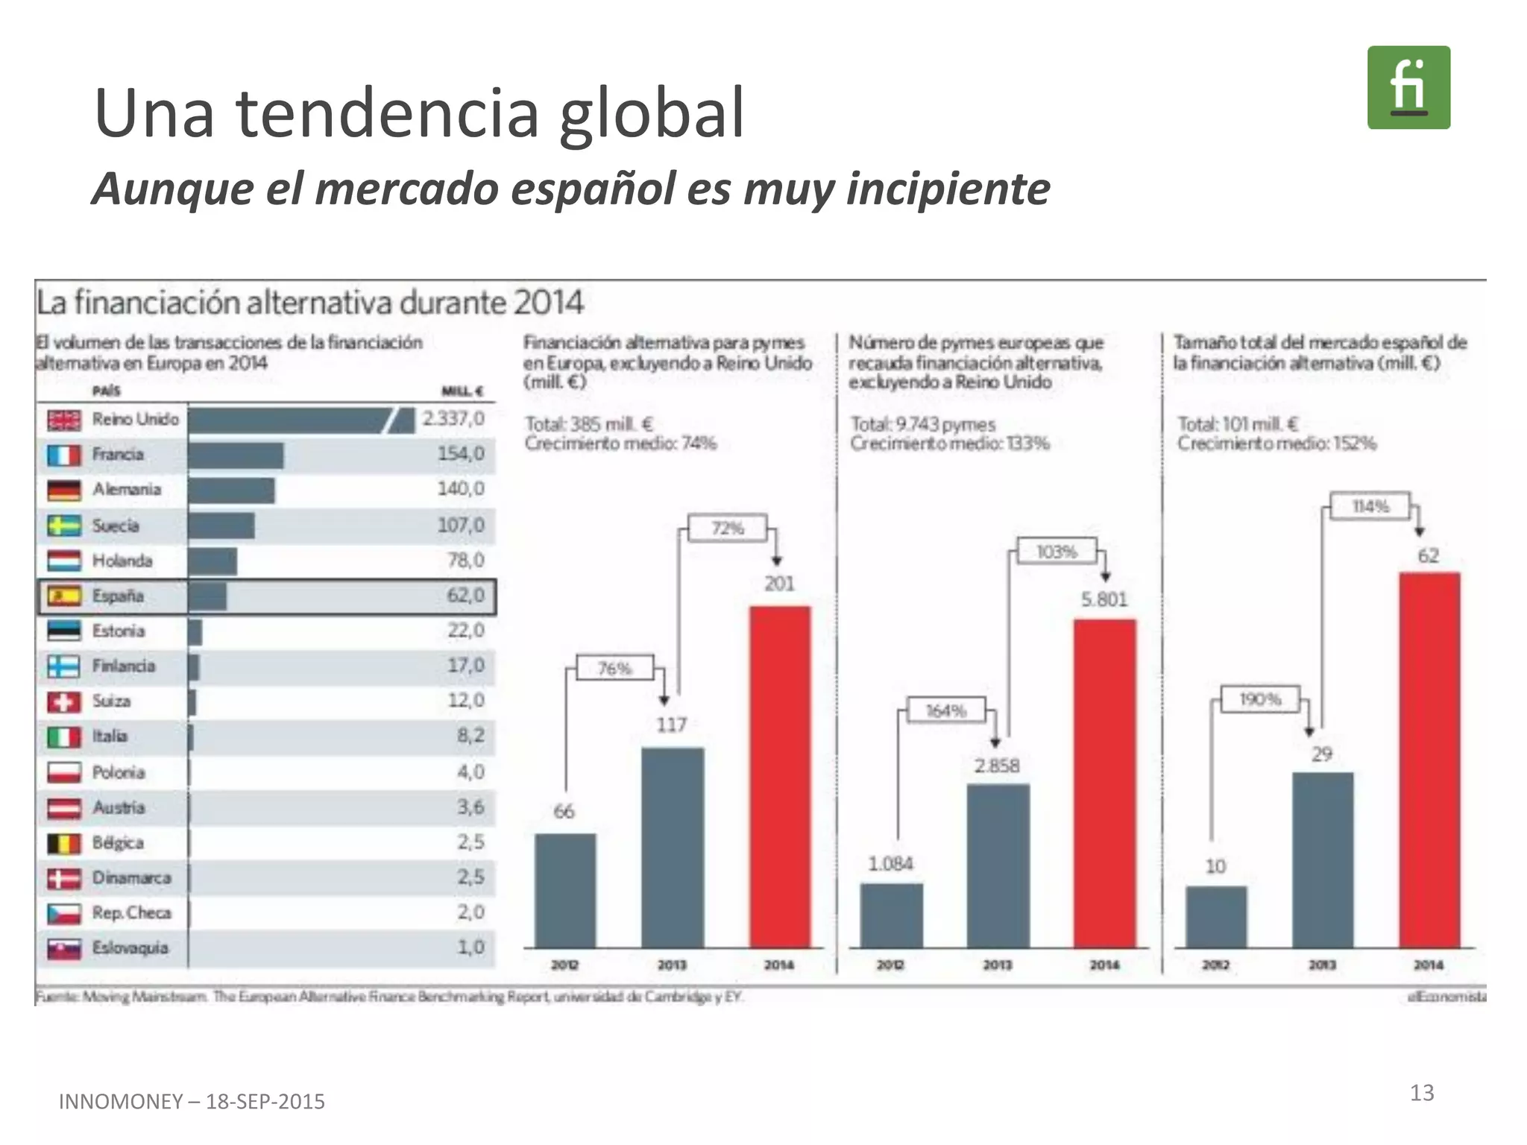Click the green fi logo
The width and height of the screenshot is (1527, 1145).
1408,87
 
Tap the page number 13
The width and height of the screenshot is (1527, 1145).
1421,1093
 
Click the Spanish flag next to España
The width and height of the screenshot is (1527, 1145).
64,596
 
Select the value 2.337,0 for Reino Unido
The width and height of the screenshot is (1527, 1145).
453,418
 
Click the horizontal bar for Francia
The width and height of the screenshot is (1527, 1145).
236,455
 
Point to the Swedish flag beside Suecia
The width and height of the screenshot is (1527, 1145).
64,526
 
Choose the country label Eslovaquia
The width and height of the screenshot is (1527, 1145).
130,947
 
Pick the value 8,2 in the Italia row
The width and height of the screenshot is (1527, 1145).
470,736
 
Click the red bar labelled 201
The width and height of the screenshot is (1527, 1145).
779,775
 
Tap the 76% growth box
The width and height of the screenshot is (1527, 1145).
615,669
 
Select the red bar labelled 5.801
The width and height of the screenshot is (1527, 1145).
1104,783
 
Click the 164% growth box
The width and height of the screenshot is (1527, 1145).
945,710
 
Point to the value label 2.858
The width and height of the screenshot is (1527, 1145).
997,766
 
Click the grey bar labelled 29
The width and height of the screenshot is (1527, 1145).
1322,859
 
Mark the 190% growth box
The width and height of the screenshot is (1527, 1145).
1259,699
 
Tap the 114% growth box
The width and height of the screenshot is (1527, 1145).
1370,507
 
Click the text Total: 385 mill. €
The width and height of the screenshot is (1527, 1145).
588,424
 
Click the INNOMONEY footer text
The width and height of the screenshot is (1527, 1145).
192,1101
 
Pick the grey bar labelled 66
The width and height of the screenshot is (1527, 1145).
565,890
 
